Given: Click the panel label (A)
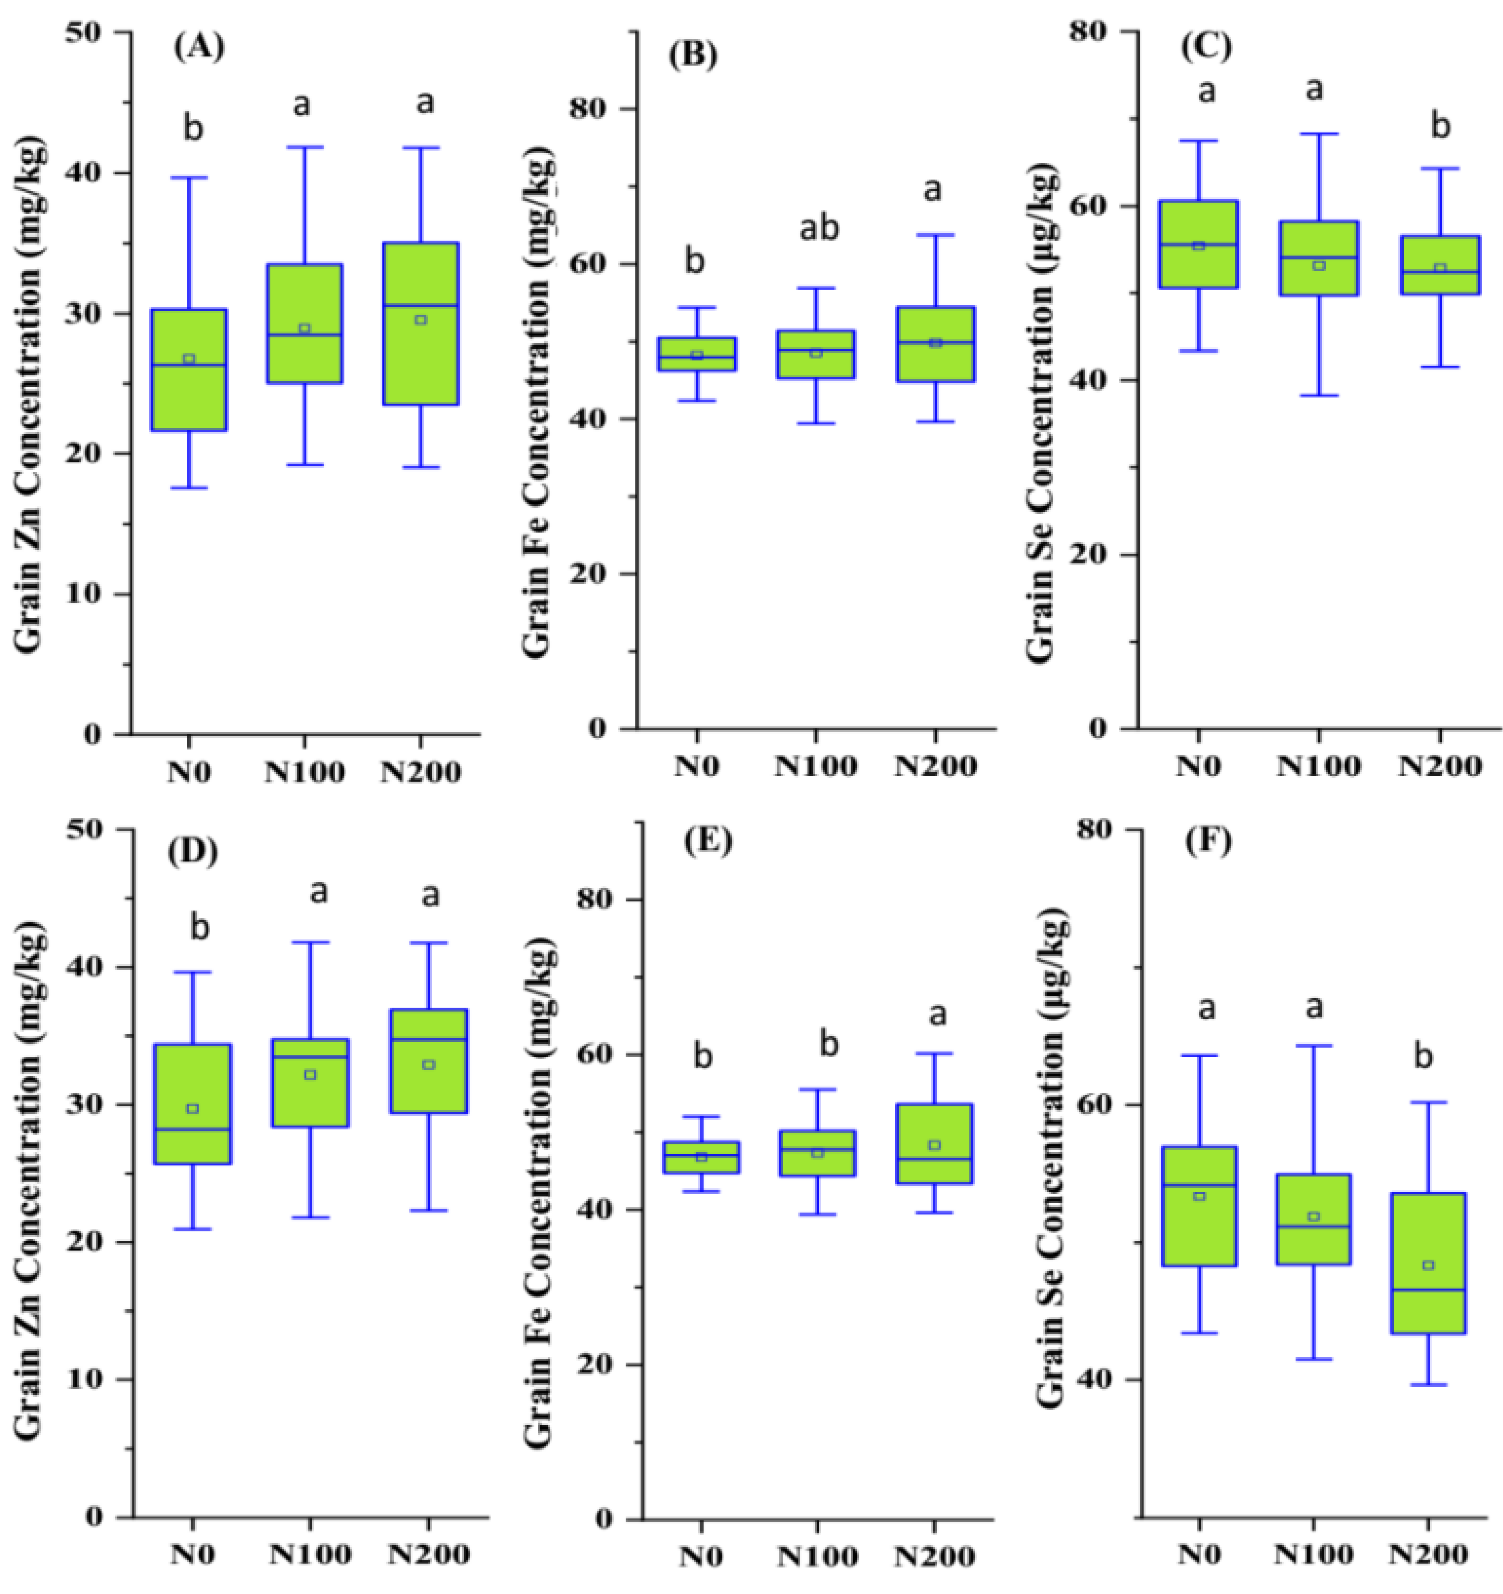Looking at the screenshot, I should click(199, 47).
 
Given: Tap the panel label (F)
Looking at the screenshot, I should click(1205, 843).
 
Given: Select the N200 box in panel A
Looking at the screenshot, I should click(421, 323).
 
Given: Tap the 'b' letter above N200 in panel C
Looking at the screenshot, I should click(1440, 127).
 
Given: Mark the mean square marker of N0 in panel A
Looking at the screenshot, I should click(189, 359).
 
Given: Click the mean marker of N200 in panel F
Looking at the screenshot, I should click(1428, 1266).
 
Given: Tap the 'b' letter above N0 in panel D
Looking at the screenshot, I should click(199, 928).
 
